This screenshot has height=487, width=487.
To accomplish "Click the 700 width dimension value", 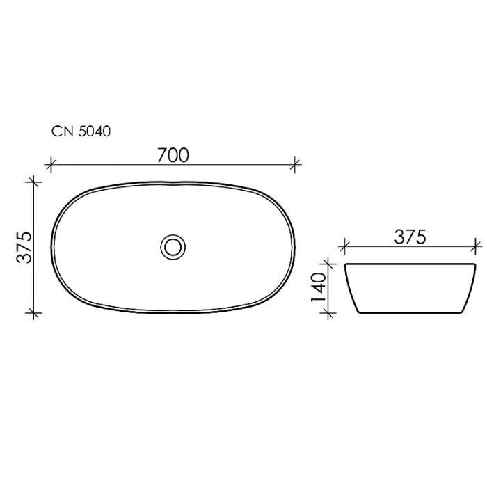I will tap(173, 154).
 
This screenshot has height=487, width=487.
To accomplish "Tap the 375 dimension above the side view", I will tap(410, 237).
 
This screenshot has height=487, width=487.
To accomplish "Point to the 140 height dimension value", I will tap(319, 287).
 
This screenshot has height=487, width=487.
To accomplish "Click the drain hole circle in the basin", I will tap(173, 246).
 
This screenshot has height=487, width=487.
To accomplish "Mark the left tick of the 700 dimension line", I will tap(49, 165).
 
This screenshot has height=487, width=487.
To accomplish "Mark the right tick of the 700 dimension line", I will tap(296, 165).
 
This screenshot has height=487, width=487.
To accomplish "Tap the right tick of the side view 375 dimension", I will tap(477, 246).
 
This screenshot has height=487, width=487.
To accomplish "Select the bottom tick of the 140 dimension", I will tap(328, 312).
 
